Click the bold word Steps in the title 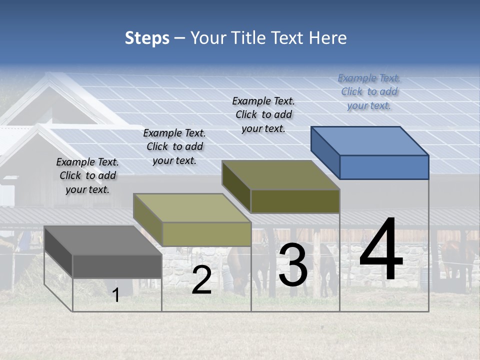coord(147,38)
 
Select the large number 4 coord(381,250)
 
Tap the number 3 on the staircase coord(293,265)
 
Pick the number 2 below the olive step coord(201,280)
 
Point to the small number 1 coord(115,295)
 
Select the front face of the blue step coord(384,167)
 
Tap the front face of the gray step coord(117,266)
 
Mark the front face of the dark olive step coord(295,201)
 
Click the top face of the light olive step coord(192,208)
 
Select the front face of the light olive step coord(206,234)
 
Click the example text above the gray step coord(87,175)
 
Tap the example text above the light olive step coord(174,146)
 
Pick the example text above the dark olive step coord(263,114)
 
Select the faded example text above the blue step coord(369,91)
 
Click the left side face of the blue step coord(325,152)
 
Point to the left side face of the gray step coord(58,251)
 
